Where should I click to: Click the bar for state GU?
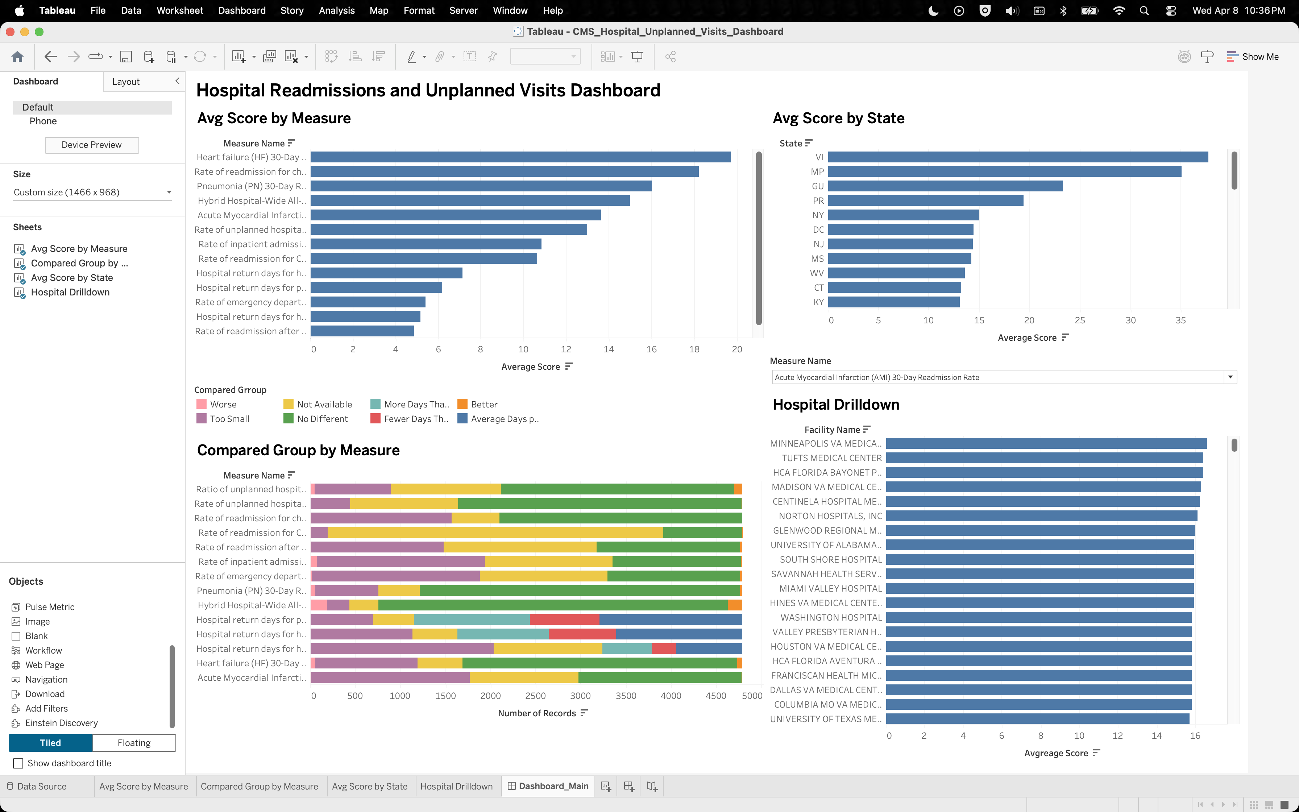click(x=945, y=186)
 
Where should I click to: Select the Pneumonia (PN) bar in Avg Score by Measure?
click(x=480, y=186)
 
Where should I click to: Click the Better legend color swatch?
click(x=462, y=404)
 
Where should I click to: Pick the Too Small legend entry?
click(x=229, y=419)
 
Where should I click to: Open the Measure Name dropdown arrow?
click(x=1230, y=377)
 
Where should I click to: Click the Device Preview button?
click(x=92, y=145)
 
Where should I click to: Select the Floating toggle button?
click(x=134, y=743)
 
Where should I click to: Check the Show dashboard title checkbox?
click(x=18, y=763)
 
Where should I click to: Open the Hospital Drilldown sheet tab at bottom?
click(x=456, y=786)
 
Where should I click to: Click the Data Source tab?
click(x=41, y=786)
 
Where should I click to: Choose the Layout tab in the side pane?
click(x=126, y=82)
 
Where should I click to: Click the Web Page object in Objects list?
click(x=45, y=665)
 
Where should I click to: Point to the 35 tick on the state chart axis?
click(x=1180, y=320)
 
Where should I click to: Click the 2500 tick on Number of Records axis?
click(x=535, y=696)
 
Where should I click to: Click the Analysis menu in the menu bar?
click(x=337, y=10)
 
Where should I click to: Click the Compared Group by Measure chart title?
click(x=298, y=450)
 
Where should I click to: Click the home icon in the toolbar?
click(x=17, y=57)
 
